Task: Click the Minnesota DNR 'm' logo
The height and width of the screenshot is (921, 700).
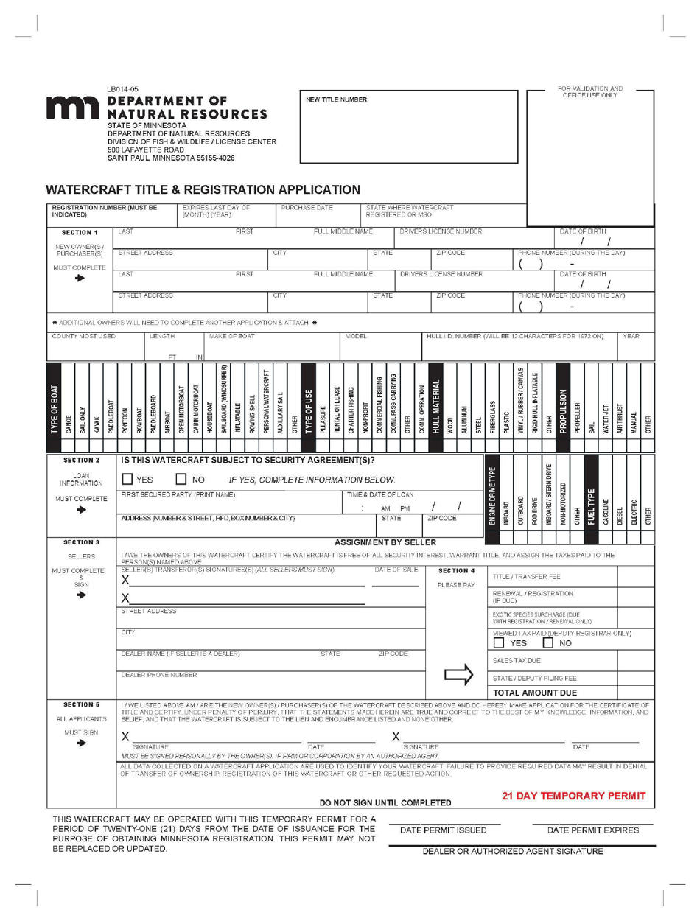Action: (x=74, y=108)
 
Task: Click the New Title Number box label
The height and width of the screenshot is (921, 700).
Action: (x=336, y=99)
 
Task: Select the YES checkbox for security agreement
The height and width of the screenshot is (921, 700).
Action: (x=128, y=480)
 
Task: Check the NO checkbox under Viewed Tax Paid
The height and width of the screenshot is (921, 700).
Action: (x=547, y=643)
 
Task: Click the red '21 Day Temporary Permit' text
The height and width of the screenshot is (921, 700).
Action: (x=573, y=796)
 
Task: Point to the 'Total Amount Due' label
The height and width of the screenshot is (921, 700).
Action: (x=535, y=693)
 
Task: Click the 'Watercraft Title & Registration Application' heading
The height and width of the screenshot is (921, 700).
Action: (x=203, y=190)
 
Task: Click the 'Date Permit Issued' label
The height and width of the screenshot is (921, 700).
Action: (x=443, y=830)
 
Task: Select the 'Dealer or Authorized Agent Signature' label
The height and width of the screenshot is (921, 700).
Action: (x=512, y=851)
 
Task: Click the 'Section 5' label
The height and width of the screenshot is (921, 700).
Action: (x=81, y=704)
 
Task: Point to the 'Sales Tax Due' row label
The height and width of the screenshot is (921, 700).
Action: (x=517, y=661)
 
